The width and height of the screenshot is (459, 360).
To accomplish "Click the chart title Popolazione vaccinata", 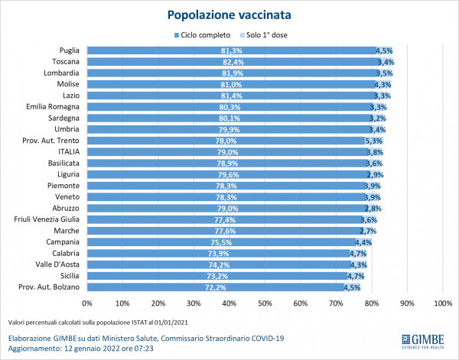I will [x=229, y=15].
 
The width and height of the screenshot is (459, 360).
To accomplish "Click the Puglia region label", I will [x=70, y=50].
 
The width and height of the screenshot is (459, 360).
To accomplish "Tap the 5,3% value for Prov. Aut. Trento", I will [x=374, y=141].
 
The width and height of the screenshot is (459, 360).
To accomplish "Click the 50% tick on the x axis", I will [x=265, y=303].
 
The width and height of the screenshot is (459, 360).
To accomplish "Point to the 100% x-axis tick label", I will [x=443, y=303].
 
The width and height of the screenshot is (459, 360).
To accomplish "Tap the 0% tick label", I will [x=86, y=303].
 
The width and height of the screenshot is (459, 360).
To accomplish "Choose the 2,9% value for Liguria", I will [x=374, y=174].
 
